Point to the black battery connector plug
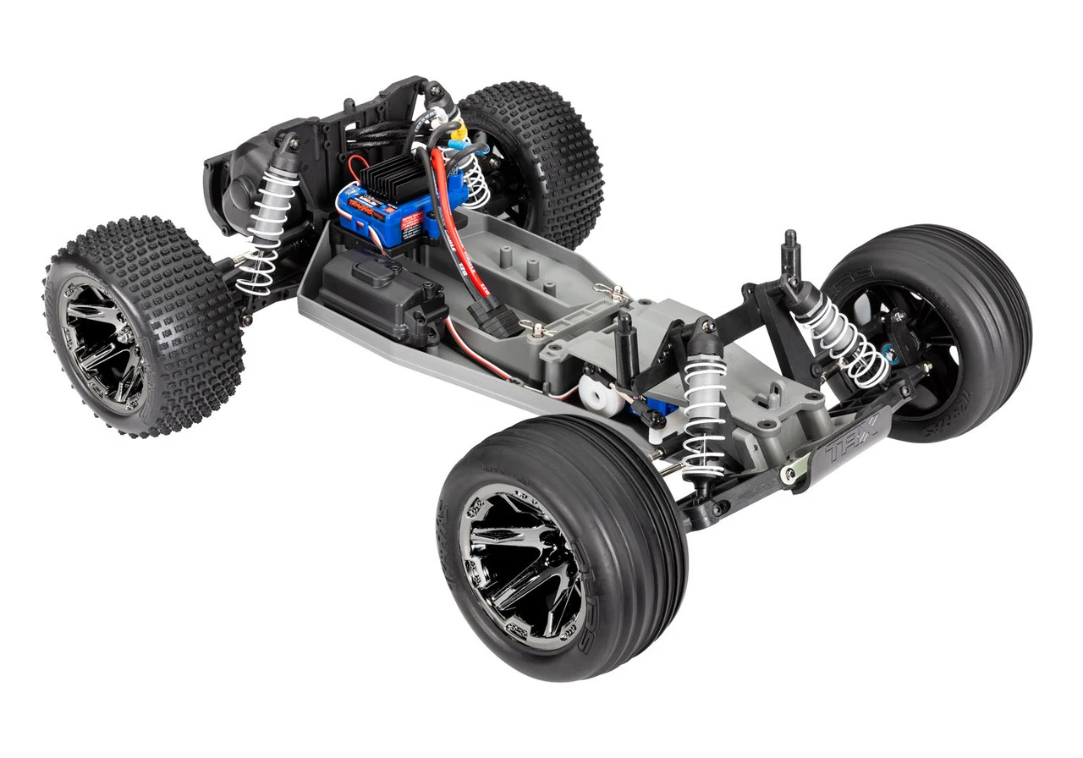494,321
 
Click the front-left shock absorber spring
704,415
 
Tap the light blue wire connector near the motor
458,145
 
